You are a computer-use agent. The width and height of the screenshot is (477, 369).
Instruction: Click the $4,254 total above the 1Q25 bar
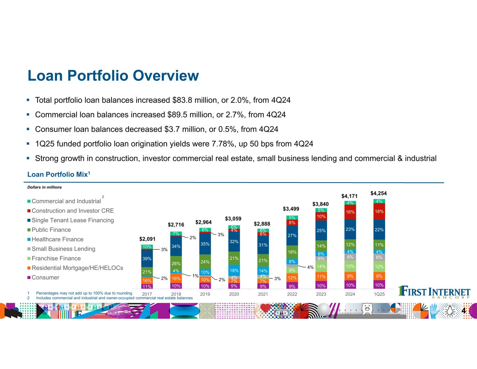pyautogui.click(x=378, y=193)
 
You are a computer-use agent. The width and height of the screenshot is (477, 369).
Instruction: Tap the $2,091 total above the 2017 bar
pyautogui.click(x=147, y=239)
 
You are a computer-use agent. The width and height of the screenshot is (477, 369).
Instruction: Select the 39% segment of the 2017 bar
pyautogui.click(x=147, y=259)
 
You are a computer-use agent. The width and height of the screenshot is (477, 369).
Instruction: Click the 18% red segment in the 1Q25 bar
pyautogui.click(x=379, y=212)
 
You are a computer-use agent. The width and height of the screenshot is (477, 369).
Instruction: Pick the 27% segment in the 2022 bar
pyautogui.click(x=292, y=235)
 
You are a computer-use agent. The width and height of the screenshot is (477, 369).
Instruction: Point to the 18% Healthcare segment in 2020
pyautogui.click(x=234, y=271)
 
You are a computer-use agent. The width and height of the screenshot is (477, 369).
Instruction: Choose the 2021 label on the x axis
pyautogui.click(x=263, y=294)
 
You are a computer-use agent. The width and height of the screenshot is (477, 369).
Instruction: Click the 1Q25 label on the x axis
pyautogui.click(x=379, y=294)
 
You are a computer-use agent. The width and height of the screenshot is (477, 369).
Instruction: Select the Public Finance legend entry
pyautogui.click(x=51, y=230)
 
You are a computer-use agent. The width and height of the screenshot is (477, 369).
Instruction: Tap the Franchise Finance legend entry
pyautogui.click(x=56, y=258)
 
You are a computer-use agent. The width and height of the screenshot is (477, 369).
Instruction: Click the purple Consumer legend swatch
pyautogui.click(x=29, y=278)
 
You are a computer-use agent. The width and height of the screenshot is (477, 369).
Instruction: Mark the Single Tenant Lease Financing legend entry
pyautogui.click(x=73, y=220)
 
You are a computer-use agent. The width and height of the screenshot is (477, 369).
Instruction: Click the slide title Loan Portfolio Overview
pyautogui.click(x=113, y=76)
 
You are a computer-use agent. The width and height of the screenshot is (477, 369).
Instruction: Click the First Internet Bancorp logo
pyautogui.click(x=434, y=292)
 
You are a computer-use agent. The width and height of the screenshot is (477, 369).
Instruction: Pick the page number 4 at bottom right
pyautogui.click(x=464, y=311)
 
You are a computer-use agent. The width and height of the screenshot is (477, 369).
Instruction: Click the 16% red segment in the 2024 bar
pyautogui.click(x=350, y=212)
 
